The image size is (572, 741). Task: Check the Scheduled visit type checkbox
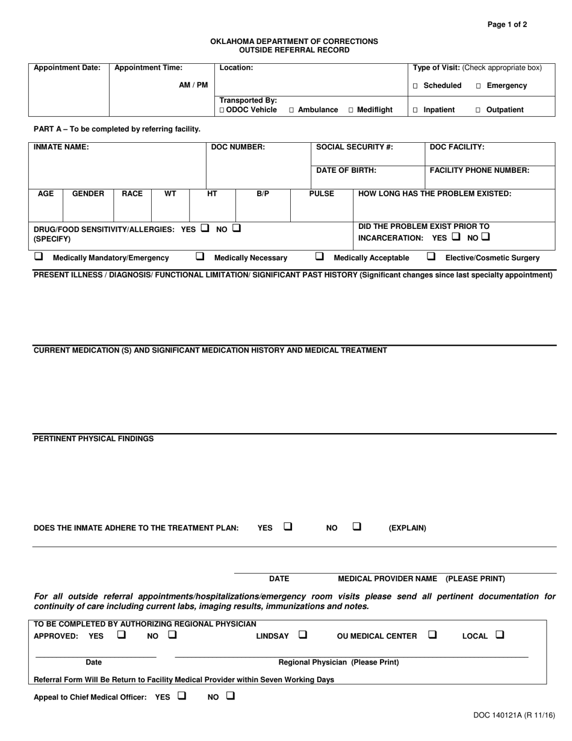click(415, 86)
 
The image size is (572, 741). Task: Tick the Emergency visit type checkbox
click(479, 86)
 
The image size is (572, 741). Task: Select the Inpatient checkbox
click(415, 110)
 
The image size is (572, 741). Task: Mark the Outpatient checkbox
click(479, 110)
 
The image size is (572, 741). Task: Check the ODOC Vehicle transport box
click(222, 110)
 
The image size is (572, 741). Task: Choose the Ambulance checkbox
click(291, 110)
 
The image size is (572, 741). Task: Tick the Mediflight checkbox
click(351, 110)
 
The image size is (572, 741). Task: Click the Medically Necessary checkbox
click(200, 257)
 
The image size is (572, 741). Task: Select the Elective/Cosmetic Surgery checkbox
click(431, 257)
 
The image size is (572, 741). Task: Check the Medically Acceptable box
click(320, 257)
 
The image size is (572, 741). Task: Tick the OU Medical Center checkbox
click(432, 635)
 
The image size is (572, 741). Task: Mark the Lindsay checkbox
click(302, 635)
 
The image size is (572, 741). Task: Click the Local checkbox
click(500, 635)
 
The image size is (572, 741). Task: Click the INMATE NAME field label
click(61, 147)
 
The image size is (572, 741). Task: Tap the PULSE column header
click(322, 194)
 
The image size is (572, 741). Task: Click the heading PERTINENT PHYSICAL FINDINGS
click(93, 439)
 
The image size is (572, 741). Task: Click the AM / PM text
click(193, 86)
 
